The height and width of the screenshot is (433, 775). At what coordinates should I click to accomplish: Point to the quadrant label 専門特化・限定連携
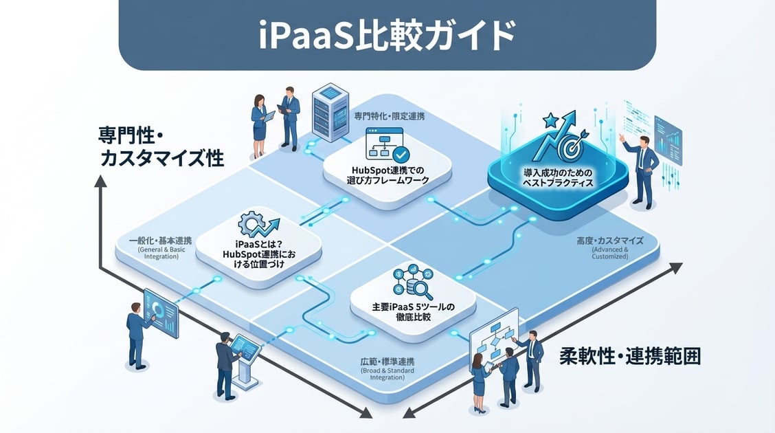[389, 117]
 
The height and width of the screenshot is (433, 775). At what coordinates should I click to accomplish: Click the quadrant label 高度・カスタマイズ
[609, 241]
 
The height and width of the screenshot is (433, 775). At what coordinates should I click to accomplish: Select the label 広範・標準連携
[387, 362]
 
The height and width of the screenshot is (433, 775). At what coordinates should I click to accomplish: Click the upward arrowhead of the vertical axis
[100, 181]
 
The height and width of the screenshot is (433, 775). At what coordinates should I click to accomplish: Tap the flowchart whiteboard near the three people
[493, 336]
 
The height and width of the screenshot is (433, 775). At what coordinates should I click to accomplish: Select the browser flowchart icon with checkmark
[386, 144]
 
